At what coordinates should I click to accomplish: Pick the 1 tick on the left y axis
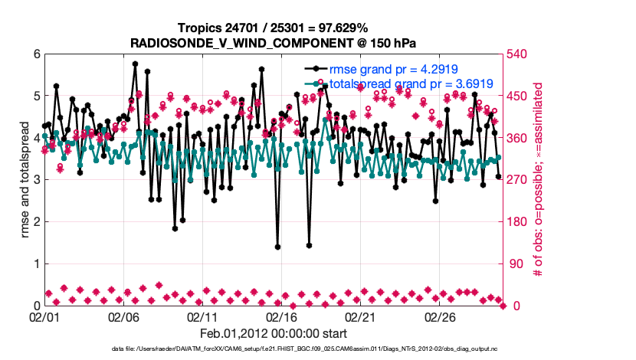tap(36, 263)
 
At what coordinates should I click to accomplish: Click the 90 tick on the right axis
tap(516, 263)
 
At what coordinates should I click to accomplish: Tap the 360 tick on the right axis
tap(519, 138)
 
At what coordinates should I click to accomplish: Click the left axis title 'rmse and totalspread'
tap(24, 179)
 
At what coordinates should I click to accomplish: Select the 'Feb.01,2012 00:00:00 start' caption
tap(274, 333)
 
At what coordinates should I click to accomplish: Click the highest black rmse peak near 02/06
tap(135, 64)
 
